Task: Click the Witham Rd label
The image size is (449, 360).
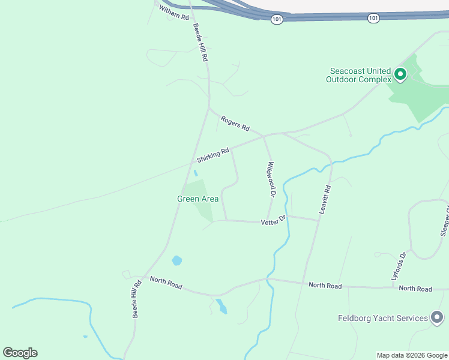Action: tap(174, 13)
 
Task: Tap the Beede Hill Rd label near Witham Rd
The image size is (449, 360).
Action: tap(200, 43)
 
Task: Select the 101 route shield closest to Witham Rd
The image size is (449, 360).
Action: tap(276, 19)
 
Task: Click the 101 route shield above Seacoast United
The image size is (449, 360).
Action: tap(373, 18)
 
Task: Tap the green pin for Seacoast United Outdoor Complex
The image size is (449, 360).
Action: tap(400, 75)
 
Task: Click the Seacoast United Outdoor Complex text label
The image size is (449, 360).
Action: tap(358, 75)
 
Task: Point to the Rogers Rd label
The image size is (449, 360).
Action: tap(235, 123)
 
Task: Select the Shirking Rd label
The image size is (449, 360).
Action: tap(213, 155)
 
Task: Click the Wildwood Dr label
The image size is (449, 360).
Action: tap(271, 179)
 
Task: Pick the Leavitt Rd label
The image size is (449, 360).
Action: tap(324, 200)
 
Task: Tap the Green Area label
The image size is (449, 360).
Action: tap(197, 199)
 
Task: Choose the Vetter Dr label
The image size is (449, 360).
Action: tap(274, 222)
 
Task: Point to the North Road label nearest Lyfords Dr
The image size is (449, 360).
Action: tap(415, 289)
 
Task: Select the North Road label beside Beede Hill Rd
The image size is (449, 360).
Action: tap(166, 283)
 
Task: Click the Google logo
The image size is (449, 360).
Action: tap(20, 353)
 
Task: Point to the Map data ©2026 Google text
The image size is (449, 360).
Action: tap(412, 355)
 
